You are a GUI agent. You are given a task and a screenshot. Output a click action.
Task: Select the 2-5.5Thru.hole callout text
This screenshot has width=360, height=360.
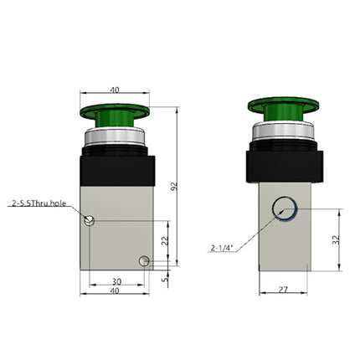tap(39, 203)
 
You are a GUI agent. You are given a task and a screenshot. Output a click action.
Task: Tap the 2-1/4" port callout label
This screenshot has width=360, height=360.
tap(223, 247)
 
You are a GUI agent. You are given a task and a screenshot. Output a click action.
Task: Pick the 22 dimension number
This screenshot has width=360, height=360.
tap(165, 240)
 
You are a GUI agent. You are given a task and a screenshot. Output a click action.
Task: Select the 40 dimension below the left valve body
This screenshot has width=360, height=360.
tap(116, 291)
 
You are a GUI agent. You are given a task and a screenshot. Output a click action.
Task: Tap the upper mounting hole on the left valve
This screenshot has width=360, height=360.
tap(91, 220)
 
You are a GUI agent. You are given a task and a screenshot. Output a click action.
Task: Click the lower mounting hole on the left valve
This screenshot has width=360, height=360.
tap(143, 261)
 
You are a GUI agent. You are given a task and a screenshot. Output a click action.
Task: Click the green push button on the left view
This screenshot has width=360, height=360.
tap(116, 114)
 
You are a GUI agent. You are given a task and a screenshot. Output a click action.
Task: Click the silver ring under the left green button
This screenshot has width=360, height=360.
tap(116, 137)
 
